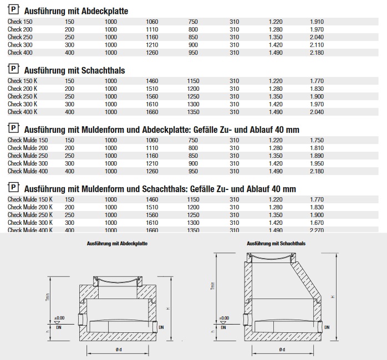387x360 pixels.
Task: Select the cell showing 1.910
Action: pyautogui.click(x=317, y=21)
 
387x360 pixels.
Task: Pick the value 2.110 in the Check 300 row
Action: pyautogui.click(x=317, y=44)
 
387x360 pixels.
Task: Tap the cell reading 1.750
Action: pyautogui.click(x=317, y=140)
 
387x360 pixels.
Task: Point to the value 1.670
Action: pyautogui.click(x=317, y=222)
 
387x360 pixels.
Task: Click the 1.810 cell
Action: pyautogui.click(x=317, y=148)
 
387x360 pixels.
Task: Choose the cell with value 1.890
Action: pyautogui.click(x=317, y=156)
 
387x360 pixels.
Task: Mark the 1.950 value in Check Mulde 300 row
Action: pyautogui.click(x=317, y=163)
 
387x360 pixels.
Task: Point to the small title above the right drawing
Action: pyautogui.click(x=276, y=243)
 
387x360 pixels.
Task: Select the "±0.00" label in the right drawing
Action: pyautogui.click(x=224, y=318)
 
